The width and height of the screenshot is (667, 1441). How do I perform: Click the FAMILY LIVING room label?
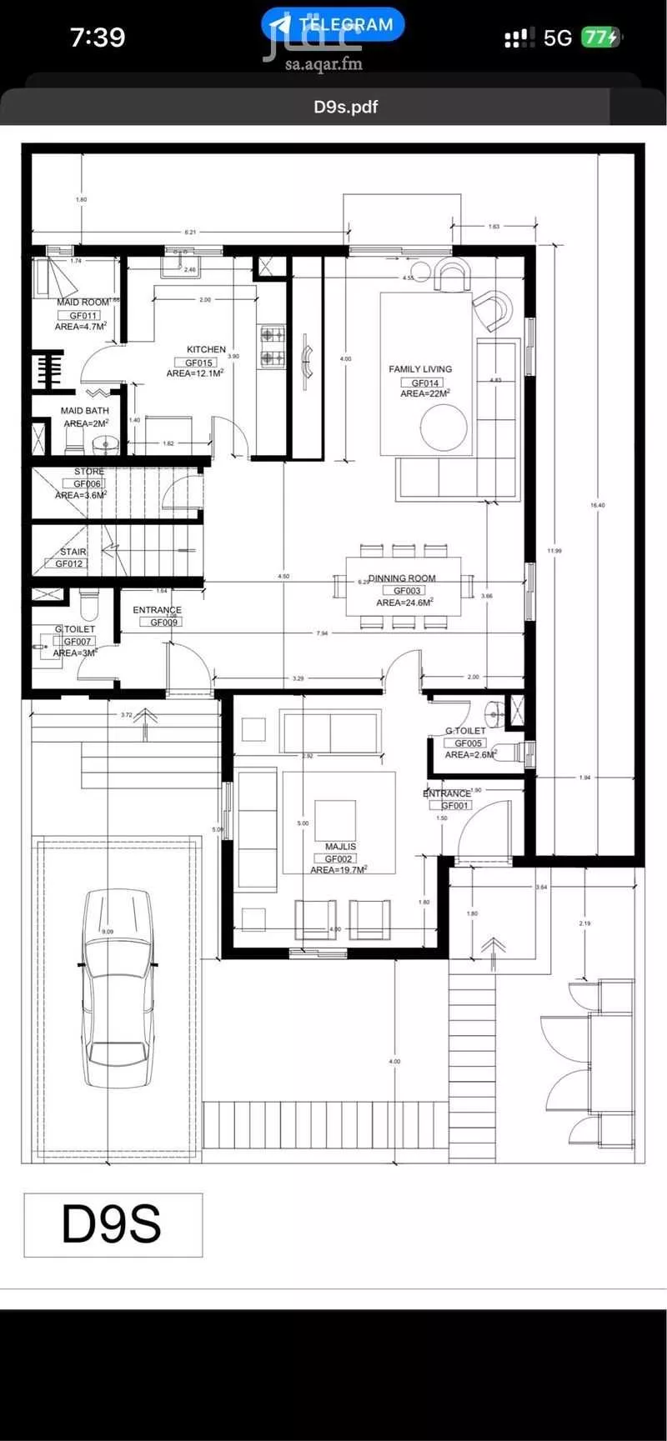tap(420, 368)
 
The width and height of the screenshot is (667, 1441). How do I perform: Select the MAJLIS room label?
tap(340, 847)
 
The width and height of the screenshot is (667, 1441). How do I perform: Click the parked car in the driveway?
tap(118, 988)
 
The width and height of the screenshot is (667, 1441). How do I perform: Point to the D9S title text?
tap(112, 1224)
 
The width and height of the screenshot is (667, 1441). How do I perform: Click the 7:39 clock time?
tap(98, 38)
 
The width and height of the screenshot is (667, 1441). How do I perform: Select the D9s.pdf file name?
tap(346, 107)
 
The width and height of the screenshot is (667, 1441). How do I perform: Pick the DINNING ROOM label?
tap(403, 578)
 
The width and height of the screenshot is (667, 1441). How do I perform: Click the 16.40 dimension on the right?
tap(597, 505)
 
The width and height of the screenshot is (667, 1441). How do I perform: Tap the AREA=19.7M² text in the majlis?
tap(339, 869)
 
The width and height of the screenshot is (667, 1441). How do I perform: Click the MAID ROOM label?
tap(83, 303)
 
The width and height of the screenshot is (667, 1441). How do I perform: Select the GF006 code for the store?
tap(87, 483)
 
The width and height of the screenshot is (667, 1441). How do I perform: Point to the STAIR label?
tap(73, 553)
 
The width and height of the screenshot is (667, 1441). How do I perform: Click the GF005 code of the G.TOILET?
tap(464, 743)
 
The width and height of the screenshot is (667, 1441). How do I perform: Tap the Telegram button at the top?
tap(333, 24)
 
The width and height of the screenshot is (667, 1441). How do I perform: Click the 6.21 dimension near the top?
tap(190, 232)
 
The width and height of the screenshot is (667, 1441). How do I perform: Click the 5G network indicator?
tap(557, 38)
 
